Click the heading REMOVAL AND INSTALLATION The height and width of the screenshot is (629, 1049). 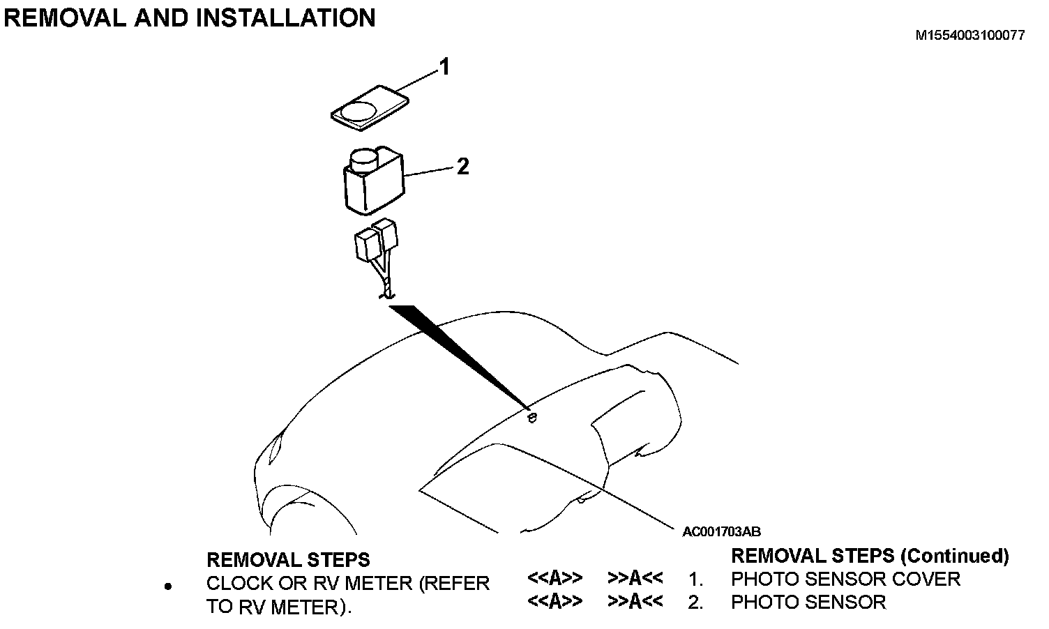(190, 17)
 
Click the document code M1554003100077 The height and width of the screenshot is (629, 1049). (970, 36)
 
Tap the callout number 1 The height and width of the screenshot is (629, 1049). (444, 68)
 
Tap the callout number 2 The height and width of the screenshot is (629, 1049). (462, 167)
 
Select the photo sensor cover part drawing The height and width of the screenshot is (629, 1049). (370, 109)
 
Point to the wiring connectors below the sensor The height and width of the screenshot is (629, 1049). (377, 241)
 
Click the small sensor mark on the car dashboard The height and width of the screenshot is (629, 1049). (531, 418)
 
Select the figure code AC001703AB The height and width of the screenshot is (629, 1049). (721, 532)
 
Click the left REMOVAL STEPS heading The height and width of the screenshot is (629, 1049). (288, 560)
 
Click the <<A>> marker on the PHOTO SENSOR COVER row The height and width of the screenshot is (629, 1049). (554, 579)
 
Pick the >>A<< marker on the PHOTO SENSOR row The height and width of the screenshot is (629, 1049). (635, 602)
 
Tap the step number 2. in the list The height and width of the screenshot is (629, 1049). (695, 602)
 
